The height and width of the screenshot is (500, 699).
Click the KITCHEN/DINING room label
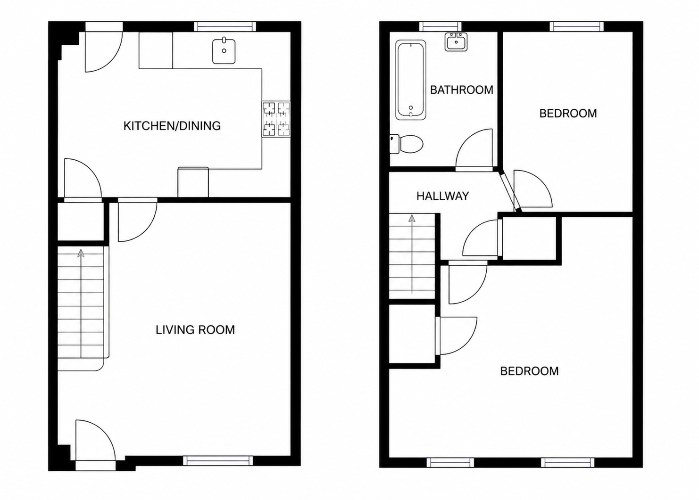[x=172, y=126]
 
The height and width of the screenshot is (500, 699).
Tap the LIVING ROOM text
[x=195, y=330]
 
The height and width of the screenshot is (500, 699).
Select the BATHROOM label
[x=462, y=90]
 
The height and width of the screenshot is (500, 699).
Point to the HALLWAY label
[x=442, y=196]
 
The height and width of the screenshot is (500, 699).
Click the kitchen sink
[x=224, y=51]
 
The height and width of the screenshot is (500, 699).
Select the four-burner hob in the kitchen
[x=276, y=119]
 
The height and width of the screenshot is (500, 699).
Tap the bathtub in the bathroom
[x=411, y=80]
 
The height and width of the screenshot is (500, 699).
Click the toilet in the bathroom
[x=406, y=144]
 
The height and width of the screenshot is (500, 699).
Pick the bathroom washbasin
[x=456, y=41]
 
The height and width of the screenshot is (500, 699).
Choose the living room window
[x=218, y=461]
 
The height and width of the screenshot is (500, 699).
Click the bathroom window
[x=441, y=26]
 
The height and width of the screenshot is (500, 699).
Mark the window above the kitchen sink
[x=225, y=26]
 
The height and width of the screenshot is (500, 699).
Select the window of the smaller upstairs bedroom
[x=576, y=26]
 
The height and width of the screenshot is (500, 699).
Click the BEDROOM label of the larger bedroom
[x=529, y=371]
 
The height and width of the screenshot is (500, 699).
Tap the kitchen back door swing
[x=104, y=52]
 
